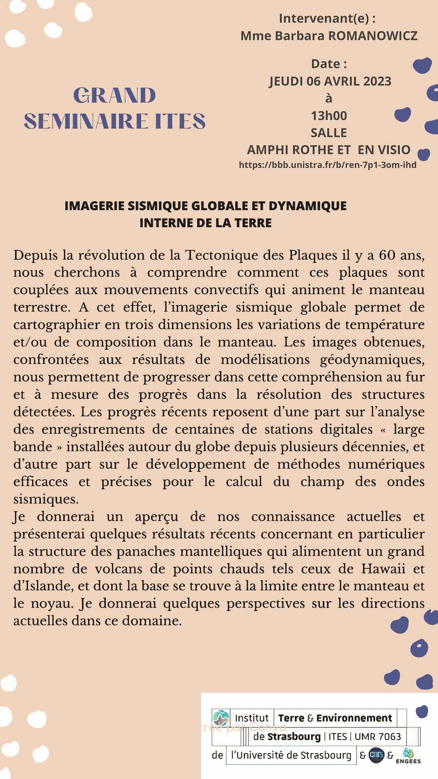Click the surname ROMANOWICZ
click(373, 36)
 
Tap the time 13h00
click(329, 116)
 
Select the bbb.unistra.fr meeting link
click(328, 165)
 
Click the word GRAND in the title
click(115, 96)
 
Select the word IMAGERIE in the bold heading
click(94, 206)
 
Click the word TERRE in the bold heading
click(253, 223)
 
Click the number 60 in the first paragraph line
click(387, 255)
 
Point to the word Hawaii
click(383, 569)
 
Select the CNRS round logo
click(376, 755)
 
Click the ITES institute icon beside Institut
click(221, 718)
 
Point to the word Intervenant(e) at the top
click(324, 18)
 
